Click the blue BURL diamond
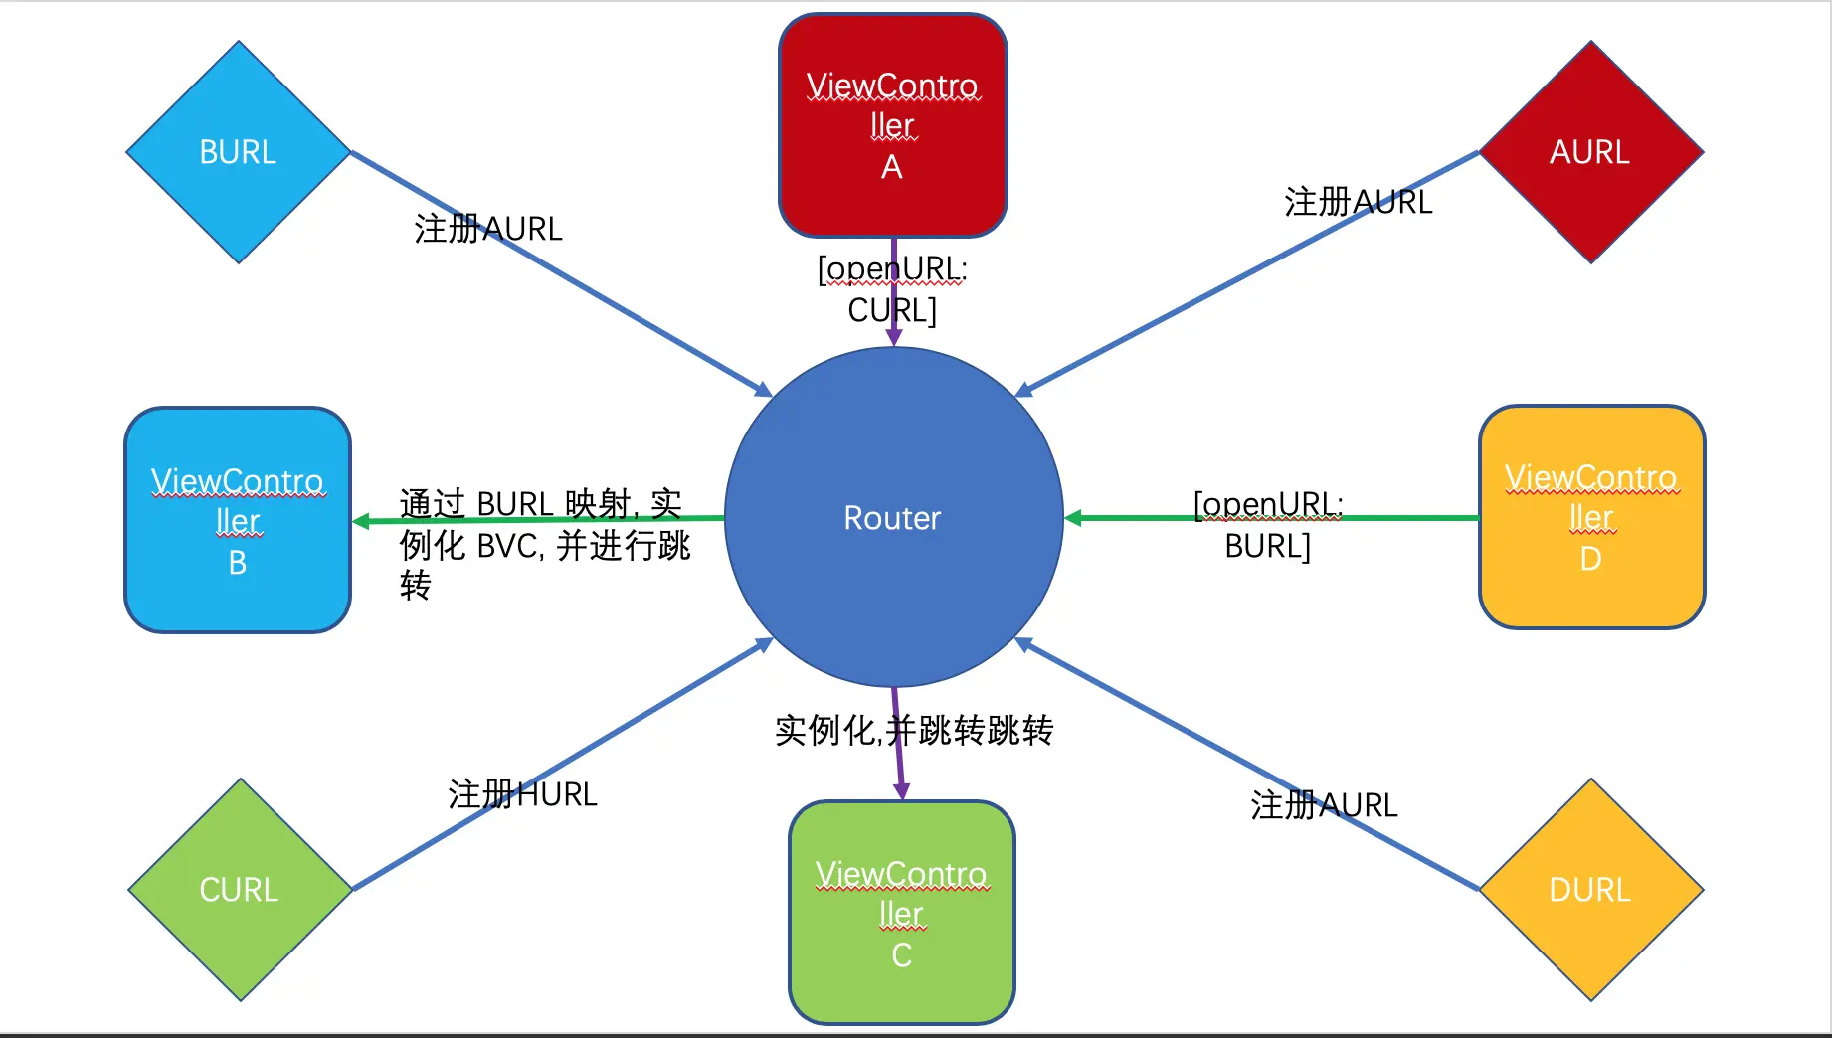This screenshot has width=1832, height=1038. (238, 152)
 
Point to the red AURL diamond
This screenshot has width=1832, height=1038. (1590, 152)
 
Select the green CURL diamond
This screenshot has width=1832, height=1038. (239, 889)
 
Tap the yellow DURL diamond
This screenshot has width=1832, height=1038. (1590, 889)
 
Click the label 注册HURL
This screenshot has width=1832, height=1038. (522, 794)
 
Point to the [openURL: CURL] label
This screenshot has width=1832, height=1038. (892, 289)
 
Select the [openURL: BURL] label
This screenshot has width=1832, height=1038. (1268, 525)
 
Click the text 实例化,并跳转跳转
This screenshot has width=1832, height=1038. (914, 730)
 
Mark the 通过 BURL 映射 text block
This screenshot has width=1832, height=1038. (544, 544)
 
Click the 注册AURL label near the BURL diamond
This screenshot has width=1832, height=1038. (488, 229)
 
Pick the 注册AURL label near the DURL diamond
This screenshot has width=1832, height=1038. (1324, 804)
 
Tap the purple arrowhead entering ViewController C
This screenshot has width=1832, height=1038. (901, 791)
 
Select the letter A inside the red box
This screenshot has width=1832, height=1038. (892, 167)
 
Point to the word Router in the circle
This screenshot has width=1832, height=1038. (892, 518)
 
